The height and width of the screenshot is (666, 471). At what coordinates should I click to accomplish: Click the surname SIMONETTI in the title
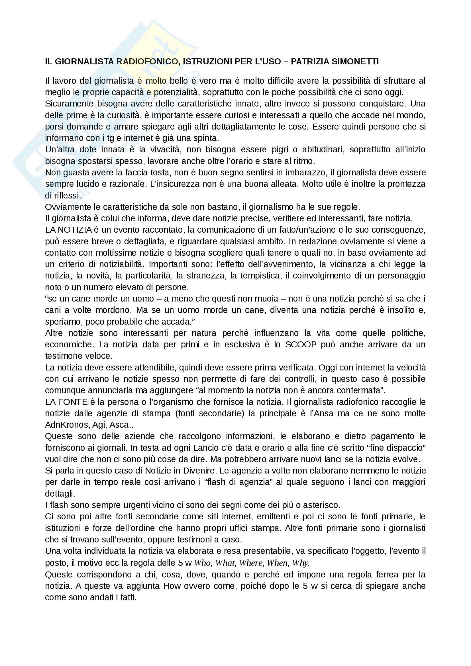[357, 62]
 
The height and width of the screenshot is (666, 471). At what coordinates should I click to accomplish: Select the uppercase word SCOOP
[301, 344]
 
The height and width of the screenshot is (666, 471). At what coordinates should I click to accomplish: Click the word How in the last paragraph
[170, 586]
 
